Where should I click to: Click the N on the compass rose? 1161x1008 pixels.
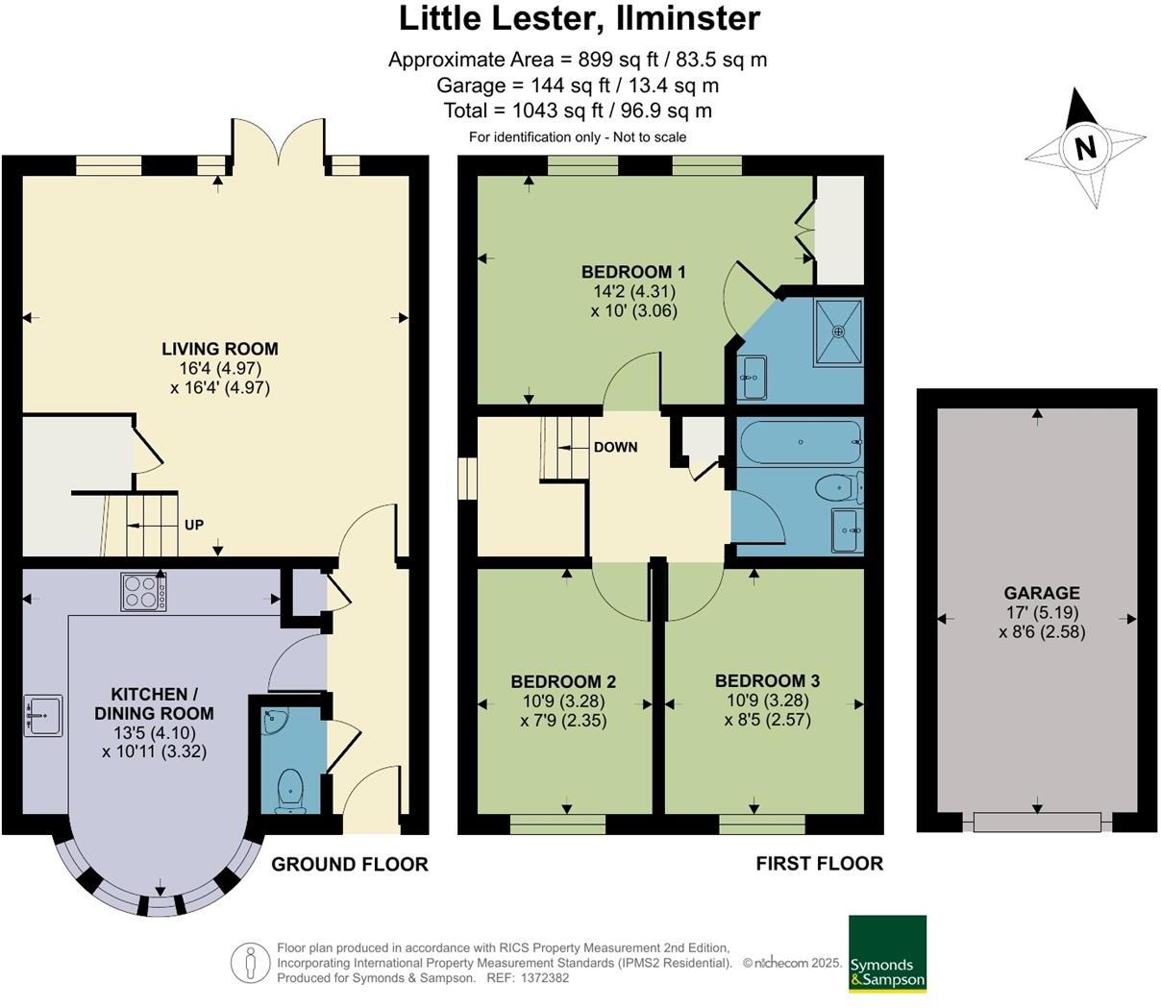pyautogui.click(x=1086, y=148)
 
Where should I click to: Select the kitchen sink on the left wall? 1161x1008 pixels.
pyautogui.click(x=43, y=715)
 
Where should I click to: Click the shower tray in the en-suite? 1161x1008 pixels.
pyautogui.click(x=839, y=332)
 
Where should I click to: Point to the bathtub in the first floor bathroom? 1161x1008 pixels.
pyautogui.click(x=802, y=443)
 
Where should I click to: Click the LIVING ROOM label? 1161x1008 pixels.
pyautogui.click(x=220, y=349)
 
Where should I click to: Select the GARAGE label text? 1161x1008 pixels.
pyautogui.click(x=1042, y=593)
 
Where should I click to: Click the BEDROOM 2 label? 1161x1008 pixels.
pyautogui.click(x=563, y=681)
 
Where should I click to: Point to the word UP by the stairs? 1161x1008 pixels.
pyautogui.click(x=194, y=525)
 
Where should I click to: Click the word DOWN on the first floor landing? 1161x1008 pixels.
pyautogui.click(x=615, y=447)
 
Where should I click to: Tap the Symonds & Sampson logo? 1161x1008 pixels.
pyautogui.click(x=887, y=953)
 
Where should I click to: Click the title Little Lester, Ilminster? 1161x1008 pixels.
pyautogui.click(x=580, y=17)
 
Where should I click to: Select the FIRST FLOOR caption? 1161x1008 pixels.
pyautogui.click(x=819, y=863)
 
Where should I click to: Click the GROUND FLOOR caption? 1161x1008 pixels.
pyautogui.click(x=350, y=864)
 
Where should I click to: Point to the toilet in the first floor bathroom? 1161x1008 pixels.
pyautogui.click(x=839, y=489)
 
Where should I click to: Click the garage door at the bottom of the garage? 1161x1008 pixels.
pyautogui.click(x=1037, y=822)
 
